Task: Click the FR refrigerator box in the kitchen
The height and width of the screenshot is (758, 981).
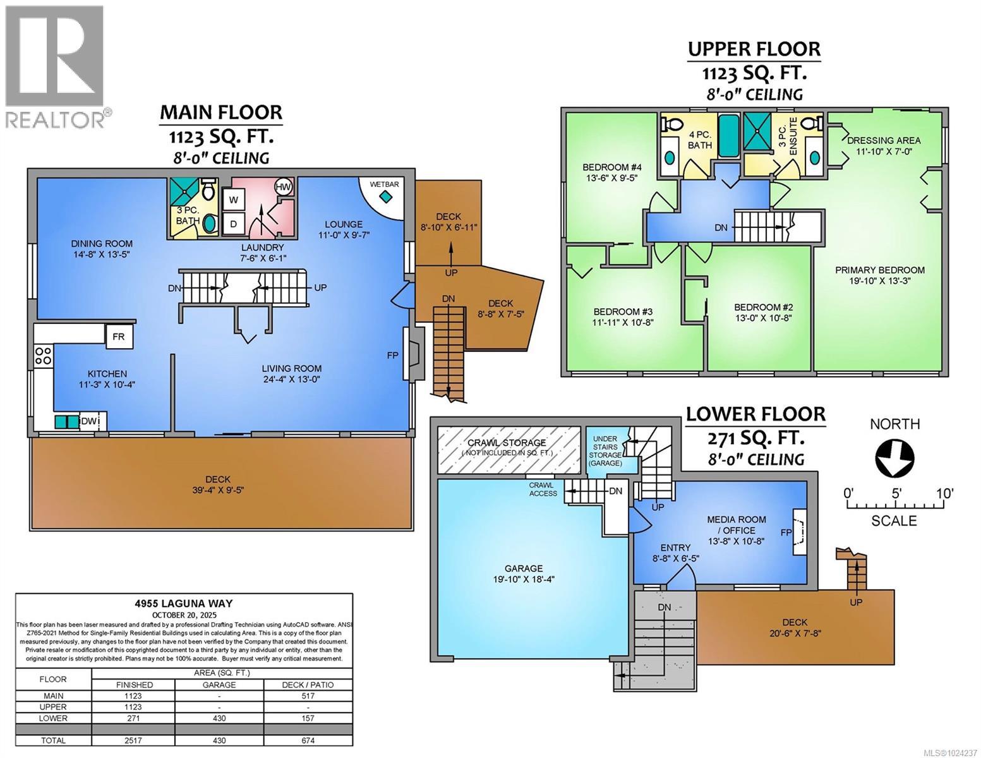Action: coord(119,337)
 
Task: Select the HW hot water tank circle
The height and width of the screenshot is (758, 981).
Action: coord(284,187)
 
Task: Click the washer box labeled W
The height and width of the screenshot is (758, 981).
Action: coord(234,200)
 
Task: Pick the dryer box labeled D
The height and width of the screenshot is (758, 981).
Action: coord(234,224)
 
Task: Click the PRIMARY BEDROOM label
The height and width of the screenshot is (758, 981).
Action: coord(879,270)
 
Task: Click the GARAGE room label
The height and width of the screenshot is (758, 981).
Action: coord(524,568)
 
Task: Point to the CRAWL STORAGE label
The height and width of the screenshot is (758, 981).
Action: coord(507,443)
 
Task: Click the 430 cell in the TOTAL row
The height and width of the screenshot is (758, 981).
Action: coord(219,740)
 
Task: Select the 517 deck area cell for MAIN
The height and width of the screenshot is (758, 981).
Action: coord(309,696)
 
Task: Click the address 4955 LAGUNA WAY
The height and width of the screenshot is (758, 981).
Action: coord(184,604)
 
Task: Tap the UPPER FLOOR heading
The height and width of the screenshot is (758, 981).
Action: coord(754,49)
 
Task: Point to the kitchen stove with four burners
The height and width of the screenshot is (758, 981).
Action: coord(43,356)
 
